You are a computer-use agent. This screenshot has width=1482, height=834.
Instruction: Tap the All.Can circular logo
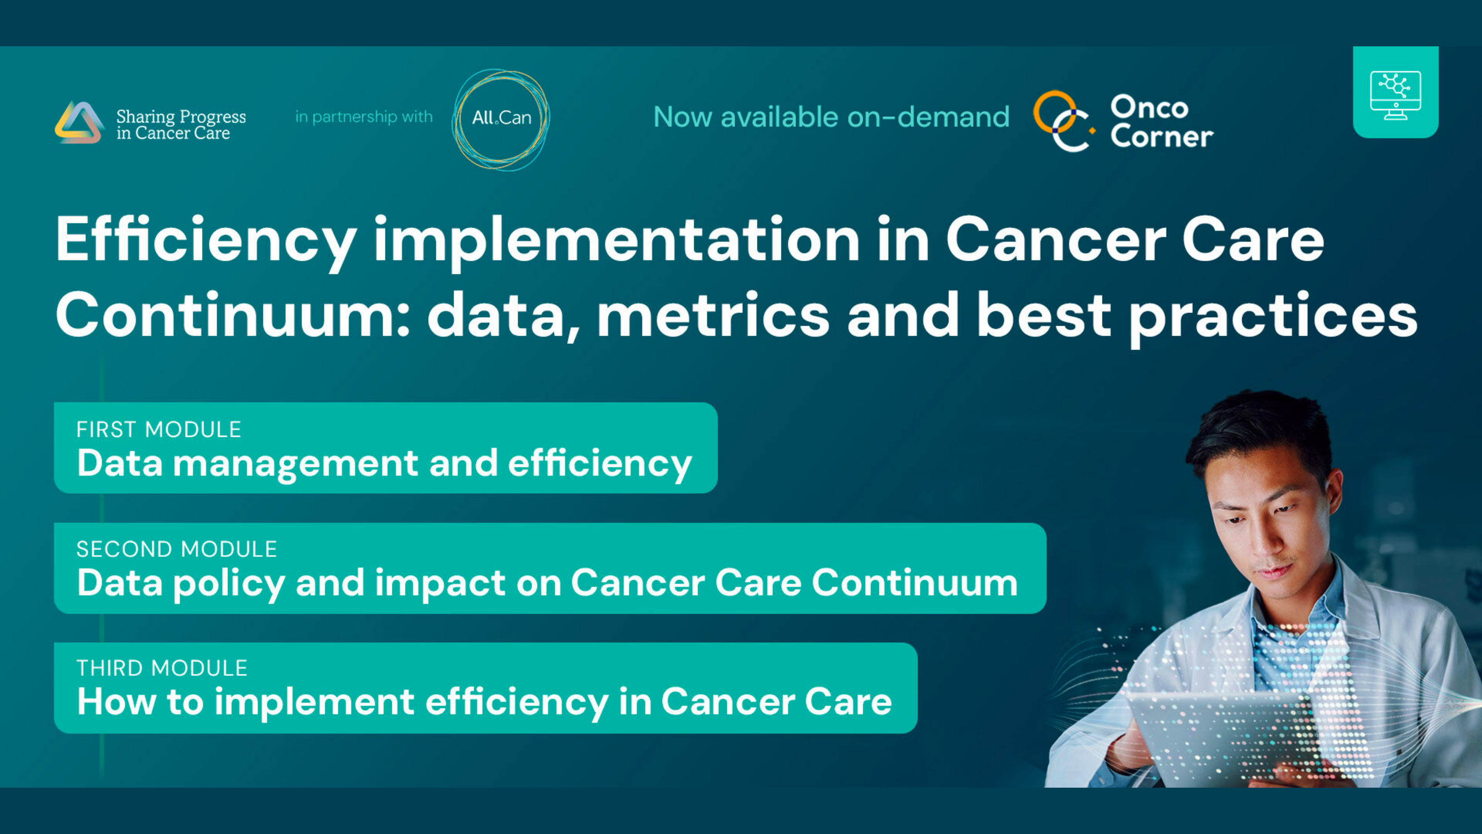coord(500,120)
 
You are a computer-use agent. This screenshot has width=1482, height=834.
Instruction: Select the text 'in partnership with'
coord(364,117)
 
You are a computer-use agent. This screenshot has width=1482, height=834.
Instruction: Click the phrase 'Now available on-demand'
coord(831,117)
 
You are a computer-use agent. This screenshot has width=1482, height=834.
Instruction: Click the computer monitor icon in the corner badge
coord(1396,95)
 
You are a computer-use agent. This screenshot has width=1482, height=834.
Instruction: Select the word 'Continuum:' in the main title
coord(233,315)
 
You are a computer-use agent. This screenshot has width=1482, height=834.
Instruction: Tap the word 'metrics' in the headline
coord(713,315)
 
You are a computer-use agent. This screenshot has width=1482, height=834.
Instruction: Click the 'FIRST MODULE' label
coord(159,429)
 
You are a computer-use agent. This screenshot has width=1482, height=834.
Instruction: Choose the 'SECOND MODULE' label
coord(177,549)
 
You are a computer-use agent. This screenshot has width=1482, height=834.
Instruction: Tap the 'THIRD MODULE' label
coord(162,668)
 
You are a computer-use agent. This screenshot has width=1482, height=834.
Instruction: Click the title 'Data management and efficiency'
coord(384,464)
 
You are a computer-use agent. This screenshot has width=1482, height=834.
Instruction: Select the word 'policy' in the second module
coord(229,585)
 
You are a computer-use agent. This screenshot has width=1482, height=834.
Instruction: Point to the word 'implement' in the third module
coord(314,703)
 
